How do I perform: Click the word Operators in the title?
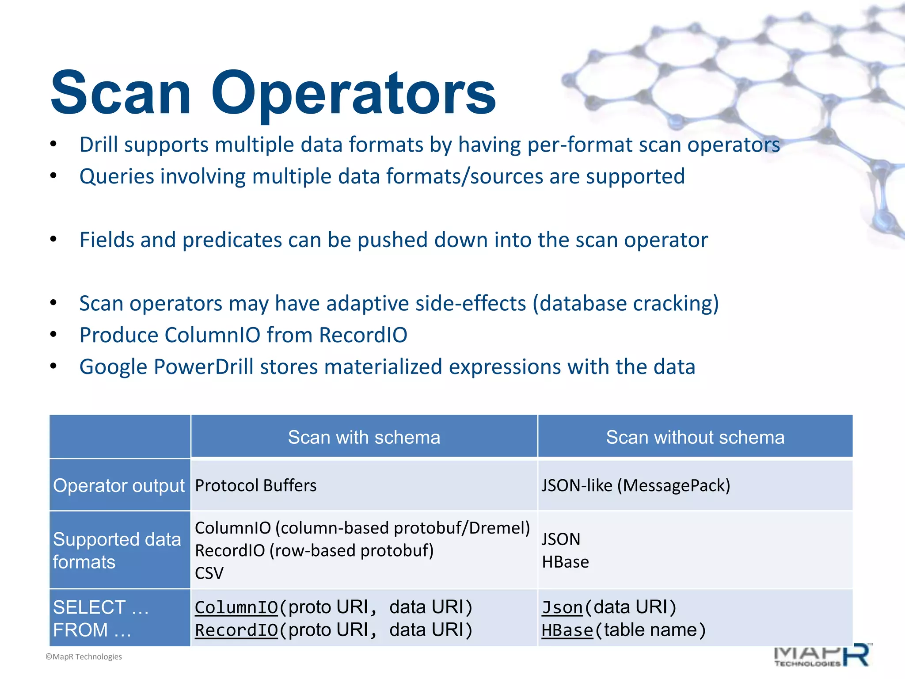click(x=354, y=94)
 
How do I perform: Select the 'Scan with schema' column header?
click(x=364, y=437)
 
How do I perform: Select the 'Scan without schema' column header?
click(x=695, y=437)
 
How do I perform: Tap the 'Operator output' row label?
click(x=119, y=485)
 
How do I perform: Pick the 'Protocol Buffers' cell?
click(x=256, y=485)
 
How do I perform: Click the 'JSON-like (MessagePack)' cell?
click(x=635, y=485)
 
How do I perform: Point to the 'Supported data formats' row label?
click(x=117, y=550)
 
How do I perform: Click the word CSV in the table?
click(x=209, y=573)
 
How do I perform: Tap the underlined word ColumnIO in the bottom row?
click(x=236, y=607)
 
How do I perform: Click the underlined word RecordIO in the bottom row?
click(x=236, y=630)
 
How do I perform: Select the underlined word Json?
click(x=562, y=607)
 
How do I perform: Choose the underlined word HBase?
click(x=567, y=630)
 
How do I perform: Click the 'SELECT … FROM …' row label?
click(x=101, y=618)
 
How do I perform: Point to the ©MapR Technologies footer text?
click(x=84, y=657)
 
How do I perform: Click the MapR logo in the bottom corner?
click(x=822, y=656)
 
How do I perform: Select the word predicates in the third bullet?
click(x=232, y=240)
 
